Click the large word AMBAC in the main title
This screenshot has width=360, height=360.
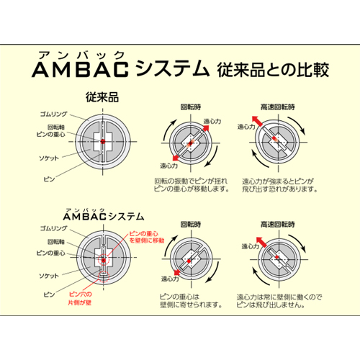point(80,70)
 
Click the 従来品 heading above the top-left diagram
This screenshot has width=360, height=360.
point(102,97)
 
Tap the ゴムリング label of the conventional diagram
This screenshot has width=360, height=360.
point(53,114)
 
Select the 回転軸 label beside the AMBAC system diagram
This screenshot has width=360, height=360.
point(56,242)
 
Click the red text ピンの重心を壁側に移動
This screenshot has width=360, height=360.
point(147,237)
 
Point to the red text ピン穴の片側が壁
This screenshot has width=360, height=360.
point(80,298)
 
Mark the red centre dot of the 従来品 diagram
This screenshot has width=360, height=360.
point(103,141)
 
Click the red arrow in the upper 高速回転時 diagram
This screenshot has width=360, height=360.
point(257,121)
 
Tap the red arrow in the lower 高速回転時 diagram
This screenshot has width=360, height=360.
point(261,242)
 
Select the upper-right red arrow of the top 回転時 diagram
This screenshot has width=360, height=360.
point(206,128)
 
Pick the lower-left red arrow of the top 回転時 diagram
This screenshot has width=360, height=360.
point(176,158)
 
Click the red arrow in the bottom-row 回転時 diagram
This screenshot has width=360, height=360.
point(177,272)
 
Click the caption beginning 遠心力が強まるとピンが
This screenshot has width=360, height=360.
point(280,185)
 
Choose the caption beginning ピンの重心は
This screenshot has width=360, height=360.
point(191,301)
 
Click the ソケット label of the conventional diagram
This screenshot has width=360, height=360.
point(49,158)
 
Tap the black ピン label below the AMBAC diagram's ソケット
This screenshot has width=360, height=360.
point(49,294)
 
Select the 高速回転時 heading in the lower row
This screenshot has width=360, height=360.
point(278,225)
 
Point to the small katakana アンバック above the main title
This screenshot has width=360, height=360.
point(81,55)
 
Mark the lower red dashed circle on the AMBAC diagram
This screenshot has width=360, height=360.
point(104,276)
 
